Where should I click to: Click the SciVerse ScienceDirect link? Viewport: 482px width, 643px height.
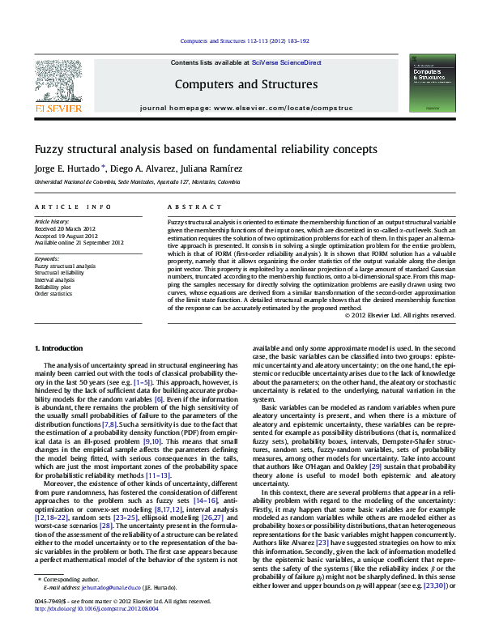[x=286, y=62]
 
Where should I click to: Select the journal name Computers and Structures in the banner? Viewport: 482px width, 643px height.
[x=245, y=84]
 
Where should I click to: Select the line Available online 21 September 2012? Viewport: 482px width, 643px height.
[x=79, y=241]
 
